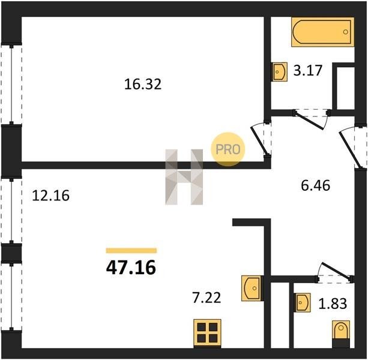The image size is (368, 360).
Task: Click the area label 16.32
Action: (x=143, y=84)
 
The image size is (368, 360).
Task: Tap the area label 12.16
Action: (x=50, y=196)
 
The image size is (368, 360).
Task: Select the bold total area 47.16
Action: (x=131, y=268)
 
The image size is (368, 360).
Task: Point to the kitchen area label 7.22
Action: (x=207, y=298)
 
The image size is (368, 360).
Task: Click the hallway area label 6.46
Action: (x=315, y=185)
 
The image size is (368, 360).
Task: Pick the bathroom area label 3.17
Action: (x=308, y=70)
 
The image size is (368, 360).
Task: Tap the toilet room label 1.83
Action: (x=333, y=304)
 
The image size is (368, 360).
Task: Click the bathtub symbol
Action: (x=323, y=32)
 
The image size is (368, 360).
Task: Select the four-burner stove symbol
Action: (x=207, y=333)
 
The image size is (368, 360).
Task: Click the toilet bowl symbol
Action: (x=341, y=331)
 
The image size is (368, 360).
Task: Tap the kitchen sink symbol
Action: (x=252, y=288)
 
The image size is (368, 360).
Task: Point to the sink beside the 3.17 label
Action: (x=280, y=72)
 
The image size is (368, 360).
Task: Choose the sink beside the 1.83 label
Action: (x=303, y=302)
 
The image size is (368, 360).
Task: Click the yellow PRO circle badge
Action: (x=228, y=149)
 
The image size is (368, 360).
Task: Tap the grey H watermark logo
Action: (x=184, y=177)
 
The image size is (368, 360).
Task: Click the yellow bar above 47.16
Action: (x=131, y=250)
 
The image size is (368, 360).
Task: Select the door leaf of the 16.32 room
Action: (x=259, y=142)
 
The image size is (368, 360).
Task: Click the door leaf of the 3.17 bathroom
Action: (x=309, y=121)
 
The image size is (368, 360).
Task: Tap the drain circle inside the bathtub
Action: (x=345, y=32)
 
